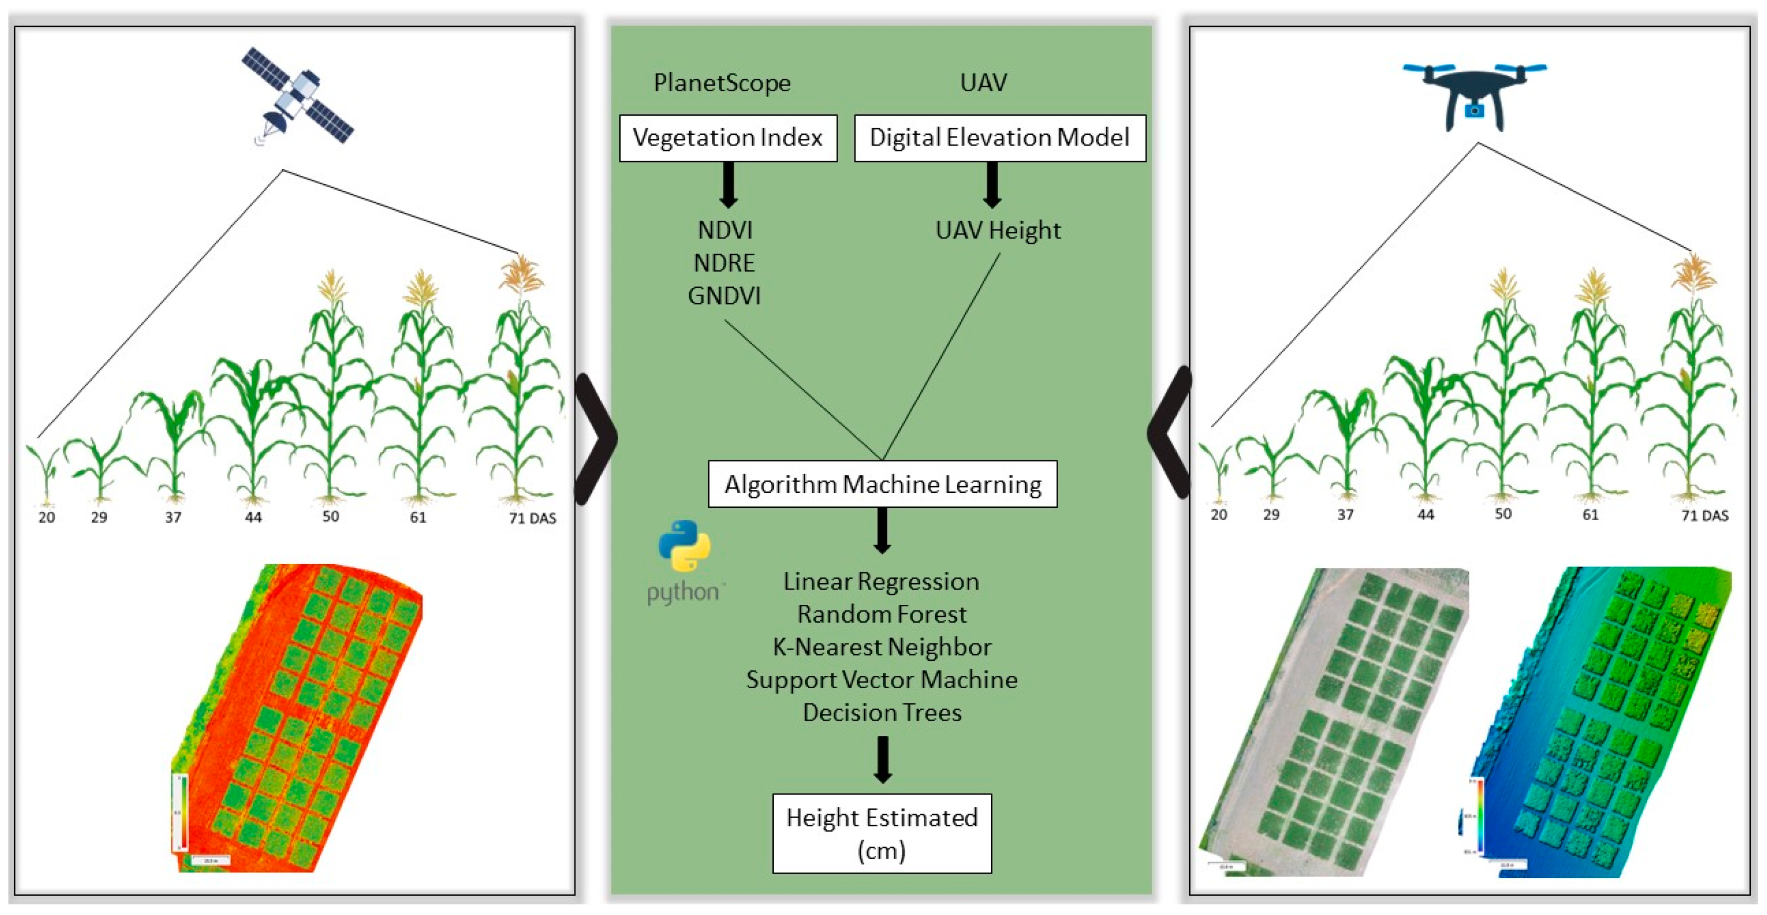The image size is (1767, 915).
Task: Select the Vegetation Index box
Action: coord(728,138)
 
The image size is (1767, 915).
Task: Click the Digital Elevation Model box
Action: coord(999,138)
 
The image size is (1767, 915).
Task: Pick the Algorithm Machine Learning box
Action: coord(882,484)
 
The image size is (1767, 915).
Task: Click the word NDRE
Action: coord(724,263)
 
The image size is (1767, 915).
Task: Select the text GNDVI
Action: coord(724,296)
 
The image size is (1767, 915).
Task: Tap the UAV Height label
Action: coord(998,231)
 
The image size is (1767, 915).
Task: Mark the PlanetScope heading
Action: coord(722,83)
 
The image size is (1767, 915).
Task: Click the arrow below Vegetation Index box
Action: coord(728,184)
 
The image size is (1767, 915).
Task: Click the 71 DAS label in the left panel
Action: coord(532,518)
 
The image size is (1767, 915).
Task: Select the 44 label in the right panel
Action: coord(1425,515)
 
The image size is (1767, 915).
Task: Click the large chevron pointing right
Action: coord(595,439)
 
